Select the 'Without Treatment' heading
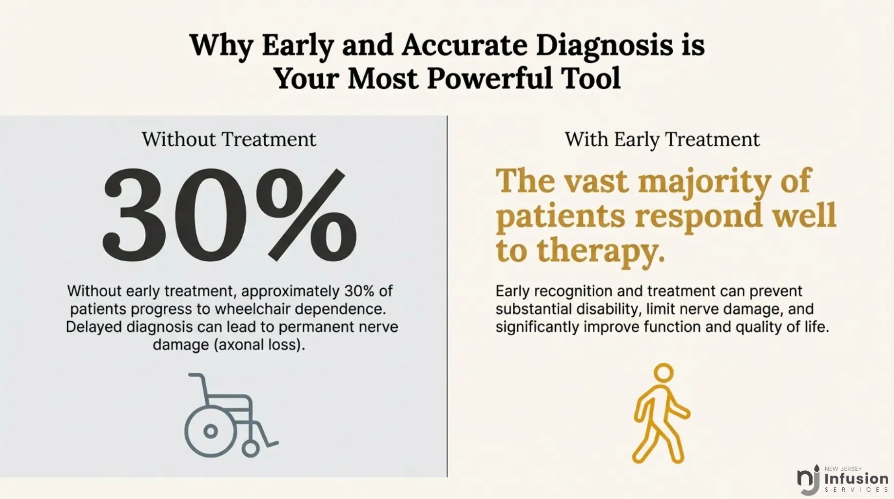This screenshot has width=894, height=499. click(x=229, y=139)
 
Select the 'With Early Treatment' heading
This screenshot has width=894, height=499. click(x=662, y=140)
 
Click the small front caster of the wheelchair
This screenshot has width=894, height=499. click(x=251, y=448)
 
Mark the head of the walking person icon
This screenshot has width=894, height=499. click(x=663, y=374)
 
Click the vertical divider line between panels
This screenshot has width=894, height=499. click(x=447, y=296)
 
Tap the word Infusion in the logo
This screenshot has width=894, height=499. click(x=856, y=479)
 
